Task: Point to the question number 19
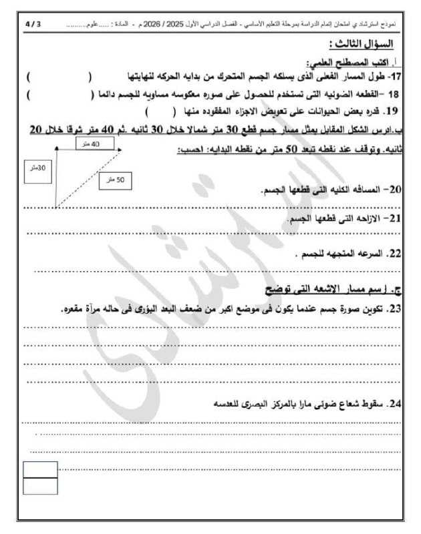393,111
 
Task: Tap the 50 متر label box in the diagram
116,180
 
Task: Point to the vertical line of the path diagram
55,174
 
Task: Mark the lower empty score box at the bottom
40,487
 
